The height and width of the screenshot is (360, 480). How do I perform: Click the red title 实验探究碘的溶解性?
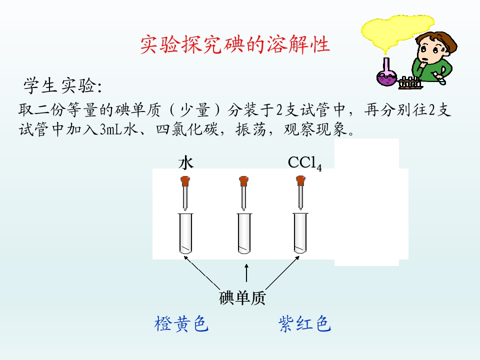(x=235, y=44)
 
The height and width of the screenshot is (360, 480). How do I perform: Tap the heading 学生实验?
(x=63, y=85)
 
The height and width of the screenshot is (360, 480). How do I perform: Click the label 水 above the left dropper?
(x=186, y=162)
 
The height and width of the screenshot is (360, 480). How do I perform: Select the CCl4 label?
(x=304, y=163)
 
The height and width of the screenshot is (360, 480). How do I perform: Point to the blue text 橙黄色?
(x=181, y=324)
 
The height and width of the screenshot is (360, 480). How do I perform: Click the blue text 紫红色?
(x=304, y=324)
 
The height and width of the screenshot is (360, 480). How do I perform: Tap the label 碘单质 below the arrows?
(x=242, y=298)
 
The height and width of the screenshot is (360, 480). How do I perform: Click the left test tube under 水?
(x=185, y=233)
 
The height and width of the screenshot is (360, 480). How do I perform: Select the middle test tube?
(x=244, y=233)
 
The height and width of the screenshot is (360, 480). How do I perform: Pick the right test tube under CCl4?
(x=300, y=233)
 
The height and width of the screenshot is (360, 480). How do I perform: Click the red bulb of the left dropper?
(x=185, y=181)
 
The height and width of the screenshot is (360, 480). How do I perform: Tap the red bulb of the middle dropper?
(x=243, y=181)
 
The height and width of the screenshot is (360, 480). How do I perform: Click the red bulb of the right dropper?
(x=300, y=181)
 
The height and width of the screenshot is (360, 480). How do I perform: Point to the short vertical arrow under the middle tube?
(x=246, y=273)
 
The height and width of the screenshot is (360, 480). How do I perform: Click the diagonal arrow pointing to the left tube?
(x=201, y=273)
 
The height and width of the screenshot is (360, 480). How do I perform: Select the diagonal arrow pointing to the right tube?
(x=282, y=273)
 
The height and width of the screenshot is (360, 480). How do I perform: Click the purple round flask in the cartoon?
(x=386, y=78)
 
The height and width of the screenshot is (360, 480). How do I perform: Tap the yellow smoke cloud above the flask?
(x=397, y=30)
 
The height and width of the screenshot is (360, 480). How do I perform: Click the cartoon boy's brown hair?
(x=441, y=42)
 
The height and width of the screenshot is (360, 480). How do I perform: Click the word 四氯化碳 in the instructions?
(x=187, y=129)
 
